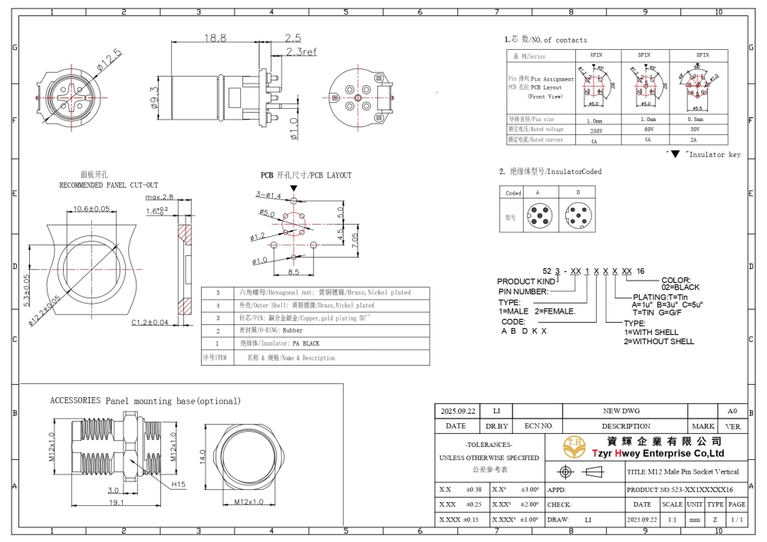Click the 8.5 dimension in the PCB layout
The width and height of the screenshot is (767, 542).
pyautogui.click(x=294, y=271)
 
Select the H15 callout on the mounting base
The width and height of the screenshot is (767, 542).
pyautogui.click(x=178, y=485)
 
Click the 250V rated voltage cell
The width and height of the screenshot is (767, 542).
pyautogui.click(x=594, y=130)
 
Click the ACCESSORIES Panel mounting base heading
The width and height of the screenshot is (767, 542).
pyautogui.click(x=145, y=401)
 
